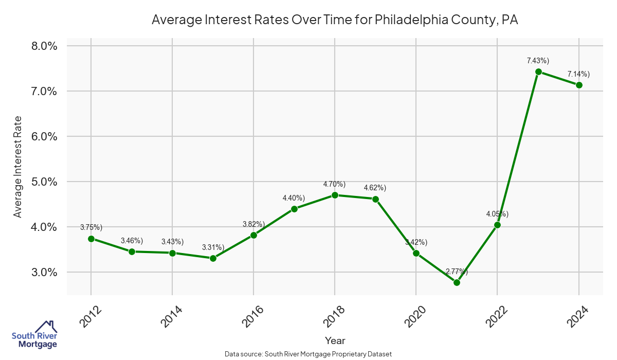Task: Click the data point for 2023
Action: click(x=538, y=71)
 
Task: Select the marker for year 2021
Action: click(x=457, y=282)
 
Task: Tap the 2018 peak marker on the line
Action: click(x=335, y=195)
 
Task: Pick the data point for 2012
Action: click(x=91, y=239)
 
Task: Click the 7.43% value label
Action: click(x=538, y=61)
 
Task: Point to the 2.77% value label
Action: click(x=457, y=272)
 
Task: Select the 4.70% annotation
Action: click(x=334, y=184)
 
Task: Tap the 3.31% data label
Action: click(x=213, y=247)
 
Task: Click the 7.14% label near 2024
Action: click(x=578, y=74)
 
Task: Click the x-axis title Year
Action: click(x=335, y=340)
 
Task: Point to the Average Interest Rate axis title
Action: click(x=18, y=166)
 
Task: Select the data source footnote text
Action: click(x=308, y=354)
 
